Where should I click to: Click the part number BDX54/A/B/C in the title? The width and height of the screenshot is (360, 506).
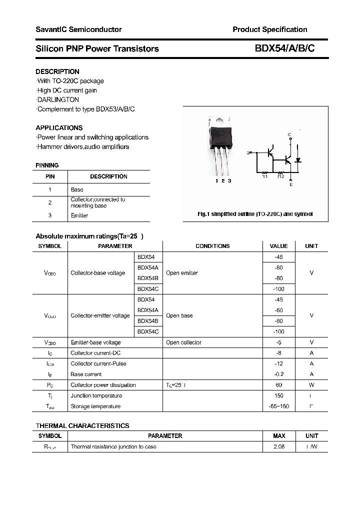(285, 48)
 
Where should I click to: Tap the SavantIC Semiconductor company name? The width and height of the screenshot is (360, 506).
(78, 29)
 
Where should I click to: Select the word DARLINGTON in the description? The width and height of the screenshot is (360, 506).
(58, 99)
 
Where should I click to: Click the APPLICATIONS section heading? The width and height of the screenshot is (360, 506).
(59, 127)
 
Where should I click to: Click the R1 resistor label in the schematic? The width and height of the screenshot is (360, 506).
(265, 176)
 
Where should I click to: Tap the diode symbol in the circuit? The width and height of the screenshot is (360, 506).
(298, 160)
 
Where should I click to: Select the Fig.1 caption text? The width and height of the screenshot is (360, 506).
(255, 214)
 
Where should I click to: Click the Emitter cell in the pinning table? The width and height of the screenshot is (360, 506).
(79, 215)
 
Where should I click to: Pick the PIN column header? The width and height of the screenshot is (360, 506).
(50, 176)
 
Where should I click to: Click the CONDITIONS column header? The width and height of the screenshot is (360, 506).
(212, 246)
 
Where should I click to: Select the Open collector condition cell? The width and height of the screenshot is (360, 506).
(183, 342)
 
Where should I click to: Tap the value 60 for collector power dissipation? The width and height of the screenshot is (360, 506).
(278, 385)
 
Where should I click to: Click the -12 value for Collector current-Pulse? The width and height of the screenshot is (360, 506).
(278, 363)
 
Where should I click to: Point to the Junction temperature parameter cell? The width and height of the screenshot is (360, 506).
(96, 395)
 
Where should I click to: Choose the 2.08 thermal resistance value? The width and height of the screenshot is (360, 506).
(279, 446)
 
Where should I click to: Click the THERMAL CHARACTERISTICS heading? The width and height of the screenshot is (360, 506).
(82, 425)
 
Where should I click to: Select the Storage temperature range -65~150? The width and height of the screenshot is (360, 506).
(278, 406)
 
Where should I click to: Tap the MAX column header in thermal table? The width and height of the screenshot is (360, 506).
(279, 436)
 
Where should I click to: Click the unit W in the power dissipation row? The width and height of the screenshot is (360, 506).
(311, 385)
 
